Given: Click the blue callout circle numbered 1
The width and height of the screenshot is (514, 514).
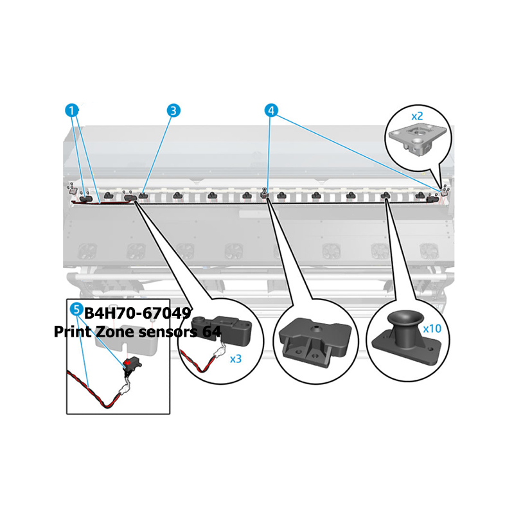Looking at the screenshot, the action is coord(72,111).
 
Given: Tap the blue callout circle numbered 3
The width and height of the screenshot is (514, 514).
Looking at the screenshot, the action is coord(173,111).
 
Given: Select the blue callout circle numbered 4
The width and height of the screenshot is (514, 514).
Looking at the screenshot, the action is coord(271,111).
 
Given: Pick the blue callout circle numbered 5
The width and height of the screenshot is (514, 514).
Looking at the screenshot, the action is coord(76,309).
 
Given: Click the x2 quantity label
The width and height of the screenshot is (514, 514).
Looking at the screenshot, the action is coord(417,116).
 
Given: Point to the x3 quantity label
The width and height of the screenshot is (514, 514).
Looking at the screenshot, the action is coord(235,359).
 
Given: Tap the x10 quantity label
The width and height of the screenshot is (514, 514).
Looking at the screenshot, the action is coord(432,328).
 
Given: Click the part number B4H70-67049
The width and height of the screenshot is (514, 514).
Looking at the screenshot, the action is coord(137,314).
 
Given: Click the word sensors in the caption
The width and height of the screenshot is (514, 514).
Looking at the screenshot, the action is coord(168,332).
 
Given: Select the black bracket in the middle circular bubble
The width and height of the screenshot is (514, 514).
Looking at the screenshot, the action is coord(315,341).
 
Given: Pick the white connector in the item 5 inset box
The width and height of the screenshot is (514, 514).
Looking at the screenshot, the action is coord(123,390).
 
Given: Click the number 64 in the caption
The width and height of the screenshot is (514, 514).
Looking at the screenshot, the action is coord(212,332).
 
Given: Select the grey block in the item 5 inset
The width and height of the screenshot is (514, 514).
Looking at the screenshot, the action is coord(126,345).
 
